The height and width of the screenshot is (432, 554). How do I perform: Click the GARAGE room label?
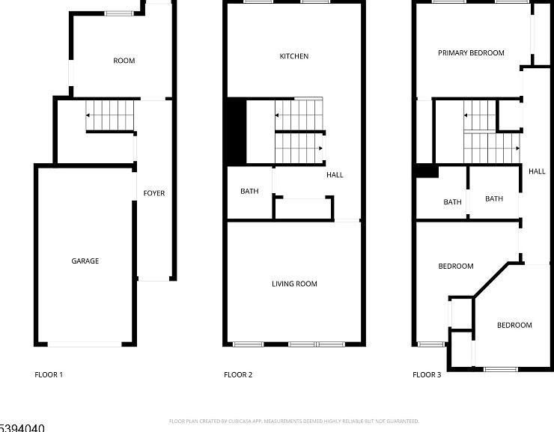[x=85, y=261]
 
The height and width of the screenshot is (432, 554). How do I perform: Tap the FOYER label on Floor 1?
[x=154, y=193]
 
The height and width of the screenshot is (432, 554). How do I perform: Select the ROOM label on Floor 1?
[x=124, y=61]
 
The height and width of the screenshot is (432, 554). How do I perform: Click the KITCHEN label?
[x=294, y=56]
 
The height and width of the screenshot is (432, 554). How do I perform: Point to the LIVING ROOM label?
[x=294, y=284]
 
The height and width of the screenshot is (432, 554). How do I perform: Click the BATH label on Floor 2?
[x=249, y=191]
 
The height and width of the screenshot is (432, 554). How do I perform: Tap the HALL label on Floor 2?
[x=335, y=174]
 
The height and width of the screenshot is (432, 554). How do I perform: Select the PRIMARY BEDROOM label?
[x=471, y=53]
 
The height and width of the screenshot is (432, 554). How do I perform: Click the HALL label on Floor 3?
[x=537, y=171]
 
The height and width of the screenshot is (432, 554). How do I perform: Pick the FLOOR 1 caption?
[x=49, y=374]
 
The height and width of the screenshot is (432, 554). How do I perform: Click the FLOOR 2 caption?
[x=238, y=374]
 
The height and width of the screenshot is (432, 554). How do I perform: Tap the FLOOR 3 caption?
[x=427, y=374]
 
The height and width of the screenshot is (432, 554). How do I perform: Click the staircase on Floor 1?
[x=110, y=115]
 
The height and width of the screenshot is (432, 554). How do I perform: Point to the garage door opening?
[x=85, y=344]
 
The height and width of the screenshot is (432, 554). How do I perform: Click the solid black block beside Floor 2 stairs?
[x=236, y=131]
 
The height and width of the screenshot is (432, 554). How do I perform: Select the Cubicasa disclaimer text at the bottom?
[x=294, y=422]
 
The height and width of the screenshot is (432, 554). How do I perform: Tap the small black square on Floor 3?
[x=427, y=171]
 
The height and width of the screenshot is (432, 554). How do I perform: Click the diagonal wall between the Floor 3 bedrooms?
[x=490, y=279]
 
